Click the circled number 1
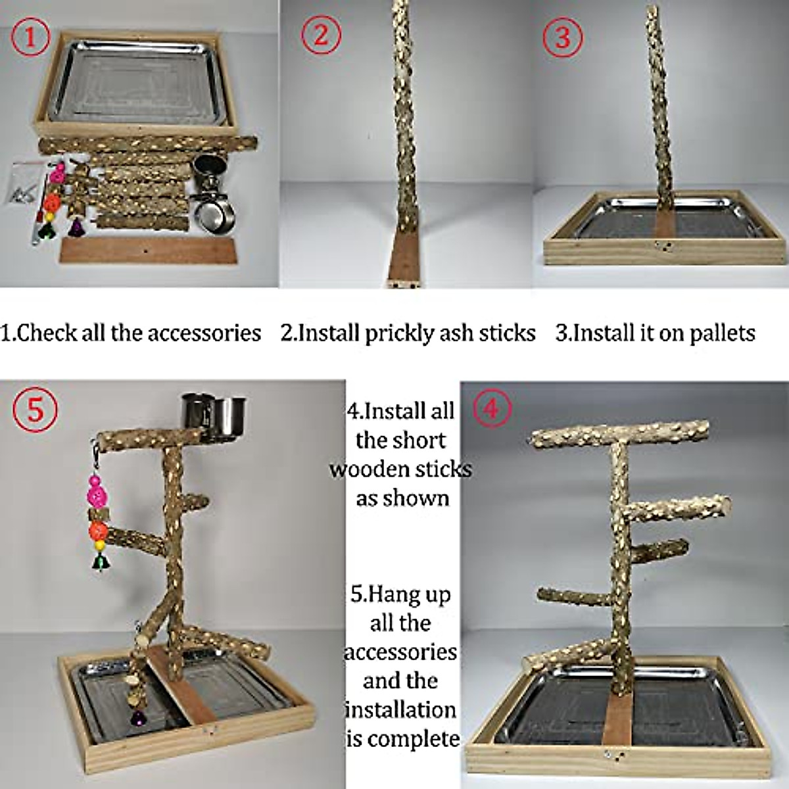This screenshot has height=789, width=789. [30, 38]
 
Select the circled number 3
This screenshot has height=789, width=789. [562, 37]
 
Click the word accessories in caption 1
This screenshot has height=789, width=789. [204, 333]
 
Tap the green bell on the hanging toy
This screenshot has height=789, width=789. [100, 561]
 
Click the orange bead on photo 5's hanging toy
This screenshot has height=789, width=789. [99, 529]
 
